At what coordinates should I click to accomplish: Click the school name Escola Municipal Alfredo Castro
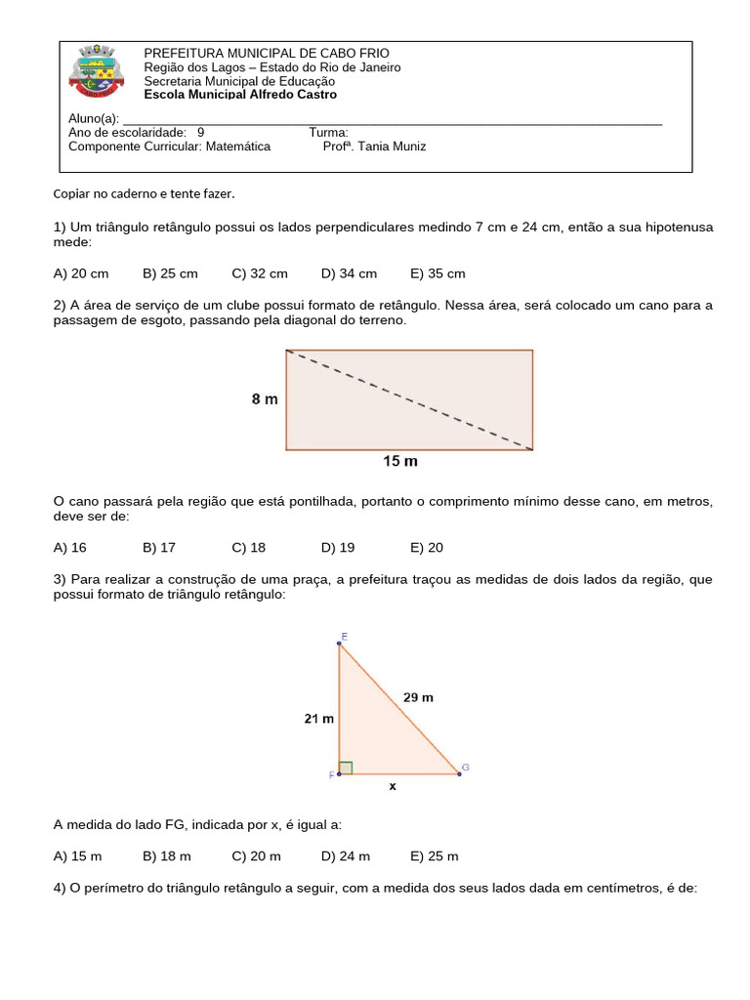coord(240,95)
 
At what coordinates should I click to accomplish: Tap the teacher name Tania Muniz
coord(374,146)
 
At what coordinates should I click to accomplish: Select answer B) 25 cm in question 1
coord(170,273)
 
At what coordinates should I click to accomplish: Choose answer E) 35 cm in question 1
coord(437,273)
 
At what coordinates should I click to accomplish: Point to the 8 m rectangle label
coord(265,399)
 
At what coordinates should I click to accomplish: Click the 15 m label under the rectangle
coord(399,461)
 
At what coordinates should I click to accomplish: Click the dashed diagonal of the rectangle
coord(409,400)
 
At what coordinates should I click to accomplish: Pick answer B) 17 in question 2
coord(159,547)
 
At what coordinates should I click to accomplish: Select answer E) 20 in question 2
coord(427,547)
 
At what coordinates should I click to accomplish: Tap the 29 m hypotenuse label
coord(417,697)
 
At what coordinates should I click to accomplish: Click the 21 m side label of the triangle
coord(318,719)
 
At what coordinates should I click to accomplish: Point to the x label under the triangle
coord(393,785)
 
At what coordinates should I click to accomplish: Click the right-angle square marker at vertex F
coord(346,768)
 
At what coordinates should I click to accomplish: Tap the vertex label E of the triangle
coord(344,637)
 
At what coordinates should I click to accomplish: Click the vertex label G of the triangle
coord(466,768)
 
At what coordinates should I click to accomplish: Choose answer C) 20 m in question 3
coord(256,855)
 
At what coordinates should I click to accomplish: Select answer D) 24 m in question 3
coord(346,855)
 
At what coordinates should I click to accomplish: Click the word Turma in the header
coord(328,132)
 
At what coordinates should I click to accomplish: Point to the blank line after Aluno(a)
coord(391,120)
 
